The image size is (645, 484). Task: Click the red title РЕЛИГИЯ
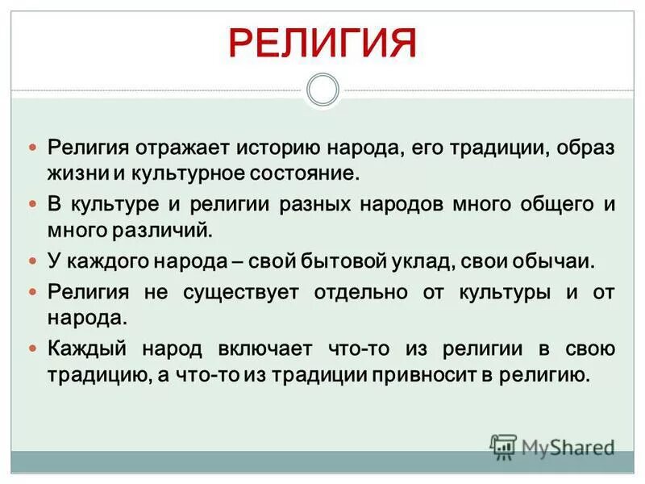click(322, 43)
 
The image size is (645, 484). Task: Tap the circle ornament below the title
click(322, 90)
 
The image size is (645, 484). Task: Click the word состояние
click(310, 173)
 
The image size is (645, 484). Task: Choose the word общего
click(553, 204)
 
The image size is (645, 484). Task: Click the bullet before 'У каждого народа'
click(33, 262)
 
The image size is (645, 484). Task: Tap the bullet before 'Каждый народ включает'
click(33, 350)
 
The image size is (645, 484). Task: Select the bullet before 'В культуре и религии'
click(33, 205)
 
